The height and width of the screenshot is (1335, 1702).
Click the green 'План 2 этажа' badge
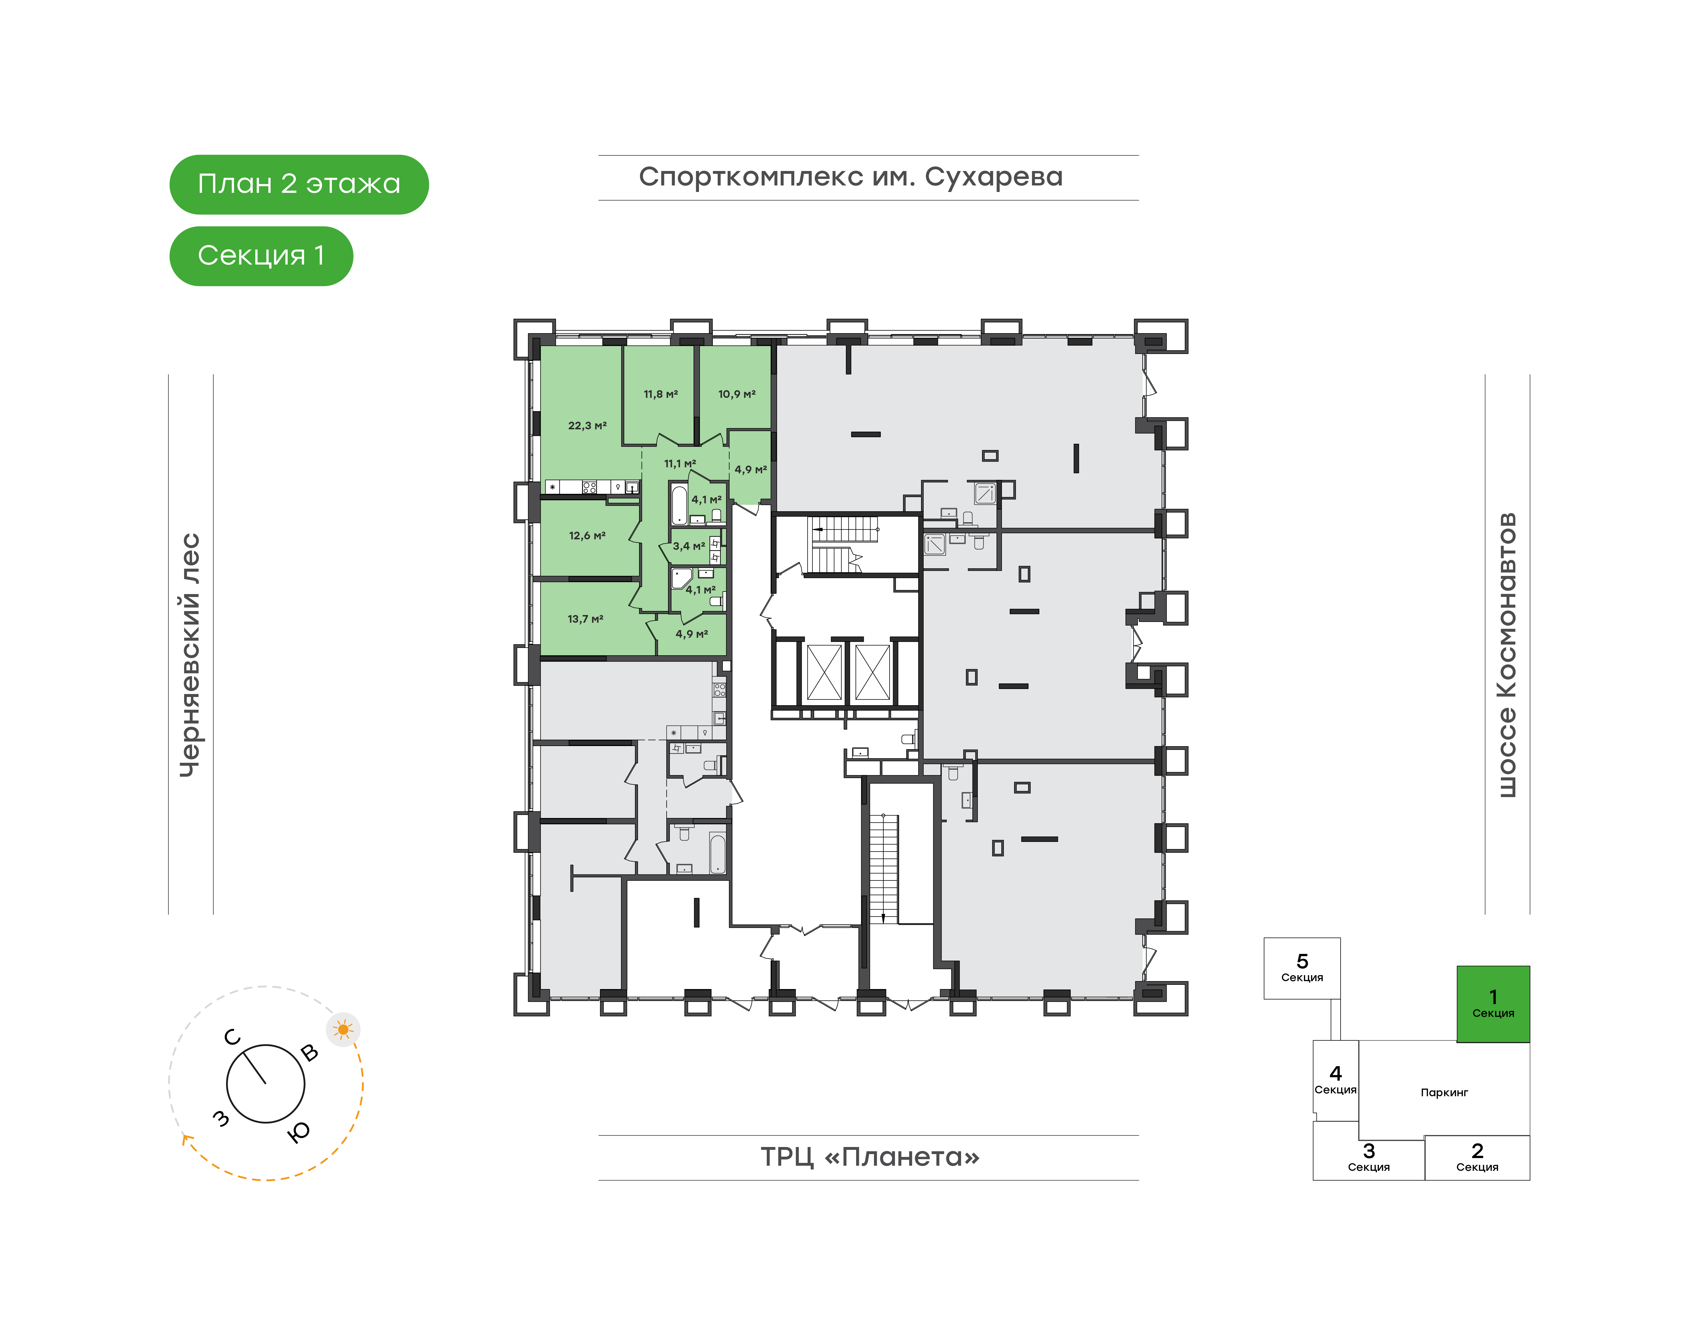[x=299, y=185]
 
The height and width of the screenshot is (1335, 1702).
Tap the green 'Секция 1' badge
[x=261, y=256]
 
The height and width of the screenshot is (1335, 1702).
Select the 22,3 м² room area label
[x=587, y=426]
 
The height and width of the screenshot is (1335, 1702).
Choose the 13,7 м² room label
[x=585, y=619]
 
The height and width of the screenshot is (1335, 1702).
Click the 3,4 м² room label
[x=689, y=546]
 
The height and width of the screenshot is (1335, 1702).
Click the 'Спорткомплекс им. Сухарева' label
[x=851, y=178]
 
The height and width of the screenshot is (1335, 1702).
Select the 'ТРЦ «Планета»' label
[x=870, y=1157]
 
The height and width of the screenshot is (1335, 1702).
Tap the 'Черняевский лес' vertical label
[x=190, y=655]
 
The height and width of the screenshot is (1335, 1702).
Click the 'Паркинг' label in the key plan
[x=1444, y=1093]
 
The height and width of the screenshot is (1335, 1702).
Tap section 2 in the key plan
[x=1477, y=1157]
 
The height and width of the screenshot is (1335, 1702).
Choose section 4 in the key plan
[x=1335, y=1080]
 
